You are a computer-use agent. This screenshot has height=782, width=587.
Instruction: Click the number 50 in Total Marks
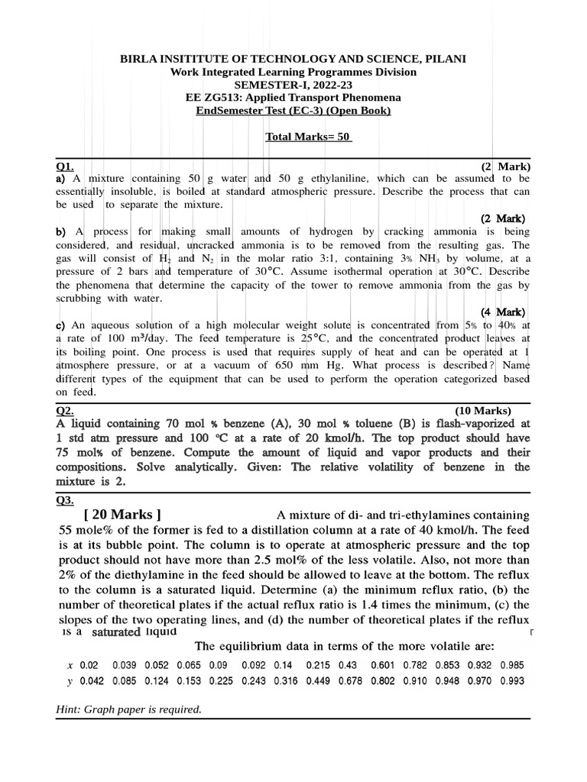click(344, 137)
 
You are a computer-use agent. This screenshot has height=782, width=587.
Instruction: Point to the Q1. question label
click(64, 166)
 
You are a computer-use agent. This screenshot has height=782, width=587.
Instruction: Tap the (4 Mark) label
click(503, 312)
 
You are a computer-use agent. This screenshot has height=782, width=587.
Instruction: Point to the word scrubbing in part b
click(83, 298)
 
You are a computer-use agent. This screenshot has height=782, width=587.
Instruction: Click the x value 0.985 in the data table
click(513, 665)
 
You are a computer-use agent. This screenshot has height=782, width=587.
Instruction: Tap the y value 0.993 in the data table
click(513, 680)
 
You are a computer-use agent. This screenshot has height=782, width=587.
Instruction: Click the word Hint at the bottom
click(69, 709)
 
